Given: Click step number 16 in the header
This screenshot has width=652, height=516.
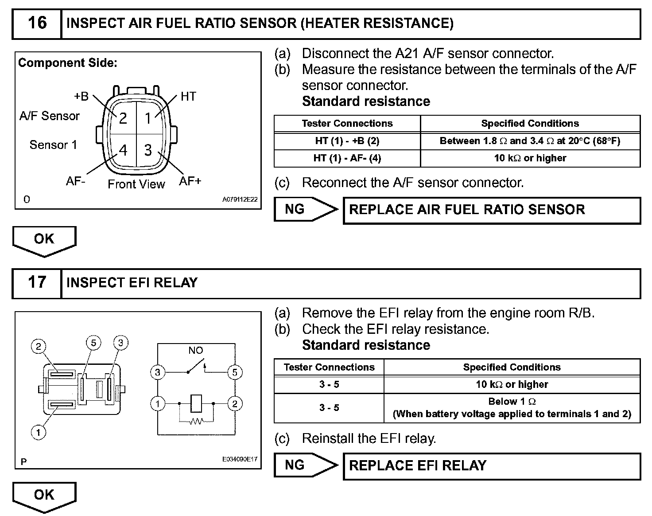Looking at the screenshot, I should click(x=37, y=23).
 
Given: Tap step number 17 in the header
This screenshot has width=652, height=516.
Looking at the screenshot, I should click(x=37, y=282).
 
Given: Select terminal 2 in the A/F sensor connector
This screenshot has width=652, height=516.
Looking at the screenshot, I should click(x=123, y=118).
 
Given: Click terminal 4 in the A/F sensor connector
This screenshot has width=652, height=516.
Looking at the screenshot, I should click(x=123, y=150).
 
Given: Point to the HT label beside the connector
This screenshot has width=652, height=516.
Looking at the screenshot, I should click(x=188, y=97).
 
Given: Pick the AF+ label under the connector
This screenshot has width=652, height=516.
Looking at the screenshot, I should click(x=190, y=181).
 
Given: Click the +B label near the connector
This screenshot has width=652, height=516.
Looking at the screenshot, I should click(x=81, y=96).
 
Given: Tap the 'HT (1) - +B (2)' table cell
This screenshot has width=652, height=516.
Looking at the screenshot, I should click(x=347, y=141).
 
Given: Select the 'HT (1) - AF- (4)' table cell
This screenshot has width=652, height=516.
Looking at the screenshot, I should click(x=347, y=158).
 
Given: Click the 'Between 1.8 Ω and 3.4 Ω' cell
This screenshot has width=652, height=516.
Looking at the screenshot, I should click(x=530, y=141).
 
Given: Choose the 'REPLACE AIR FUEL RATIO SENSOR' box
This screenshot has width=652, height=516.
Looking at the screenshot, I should click(x=492, y=210).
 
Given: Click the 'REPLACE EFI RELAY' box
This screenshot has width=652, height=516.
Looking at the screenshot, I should click(x=492, y=465).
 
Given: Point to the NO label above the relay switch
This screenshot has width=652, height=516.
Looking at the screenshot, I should click(x=195, y=350).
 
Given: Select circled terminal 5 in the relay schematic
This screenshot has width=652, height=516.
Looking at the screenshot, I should click(x=235, y=372).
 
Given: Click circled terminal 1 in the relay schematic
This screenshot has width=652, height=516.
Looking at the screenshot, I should click(x=158, y=404).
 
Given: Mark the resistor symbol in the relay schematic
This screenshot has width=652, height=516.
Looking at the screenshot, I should click(x=196, y=422).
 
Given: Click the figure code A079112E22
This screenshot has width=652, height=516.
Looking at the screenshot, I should click(x=240, y=200).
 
